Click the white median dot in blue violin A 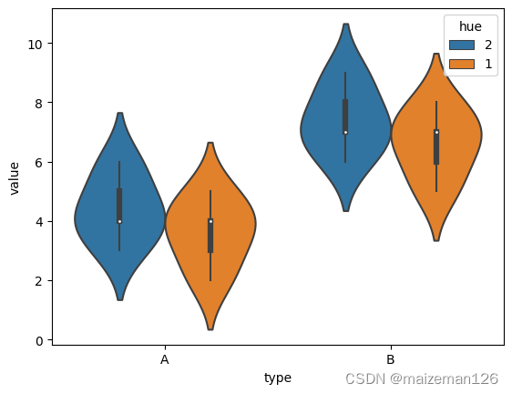pos(119,221)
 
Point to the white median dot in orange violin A pos(210,221)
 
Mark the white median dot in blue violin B pos(345,133)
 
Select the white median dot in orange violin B pos(436,133)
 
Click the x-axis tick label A pos(165,360)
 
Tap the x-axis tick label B pos(391,360)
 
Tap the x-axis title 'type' pos(278,378)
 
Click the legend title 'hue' pos(466,25)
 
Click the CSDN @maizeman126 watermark pos(422,378)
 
